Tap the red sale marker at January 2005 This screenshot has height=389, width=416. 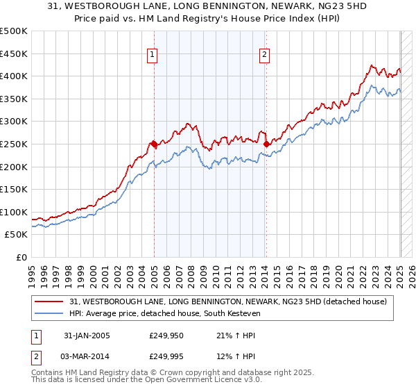point(153,143)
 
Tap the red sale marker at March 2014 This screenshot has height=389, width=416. point(266,144)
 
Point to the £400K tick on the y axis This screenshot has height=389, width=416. point(15,76)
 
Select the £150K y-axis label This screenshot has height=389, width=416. point(15,189)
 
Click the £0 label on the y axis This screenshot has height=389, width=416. point(21,257)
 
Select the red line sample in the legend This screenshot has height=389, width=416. point(49,301)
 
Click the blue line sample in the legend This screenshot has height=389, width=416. point(49,313)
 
